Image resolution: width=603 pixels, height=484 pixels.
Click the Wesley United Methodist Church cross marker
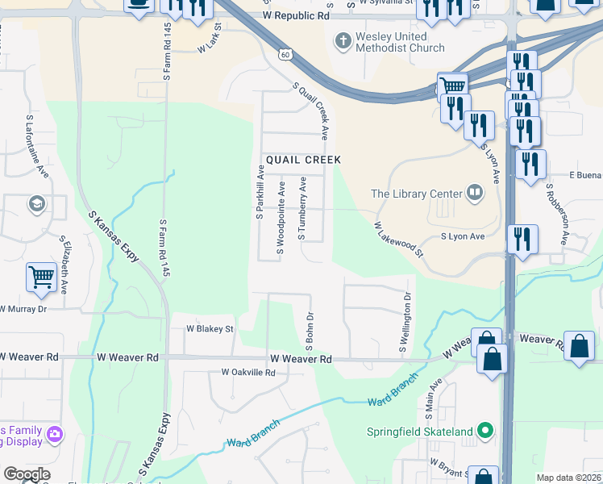point(343,40)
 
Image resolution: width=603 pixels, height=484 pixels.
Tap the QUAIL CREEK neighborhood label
point(300,160)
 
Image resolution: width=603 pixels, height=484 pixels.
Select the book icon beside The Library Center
point(475,193)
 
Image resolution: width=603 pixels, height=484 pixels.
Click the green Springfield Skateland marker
point(484,432)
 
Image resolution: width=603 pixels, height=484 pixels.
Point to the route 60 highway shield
point(285,53)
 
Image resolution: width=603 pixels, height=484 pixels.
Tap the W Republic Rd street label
point(297,16)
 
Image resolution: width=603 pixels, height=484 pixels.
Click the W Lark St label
point(209,48)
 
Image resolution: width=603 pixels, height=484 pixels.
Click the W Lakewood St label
point(398,240)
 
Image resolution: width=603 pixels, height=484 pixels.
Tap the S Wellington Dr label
point(406,322)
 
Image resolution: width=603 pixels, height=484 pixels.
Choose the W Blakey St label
point(210,329)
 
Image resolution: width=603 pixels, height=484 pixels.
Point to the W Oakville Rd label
point(248,373)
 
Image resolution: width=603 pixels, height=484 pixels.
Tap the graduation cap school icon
point(36,204)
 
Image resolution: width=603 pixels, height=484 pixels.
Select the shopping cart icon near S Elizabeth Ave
point(40,277)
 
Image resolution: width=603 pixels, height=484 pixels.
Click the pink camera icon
point(55,435)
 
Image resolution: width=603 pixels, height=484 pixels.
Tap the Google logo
point(26,474)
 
